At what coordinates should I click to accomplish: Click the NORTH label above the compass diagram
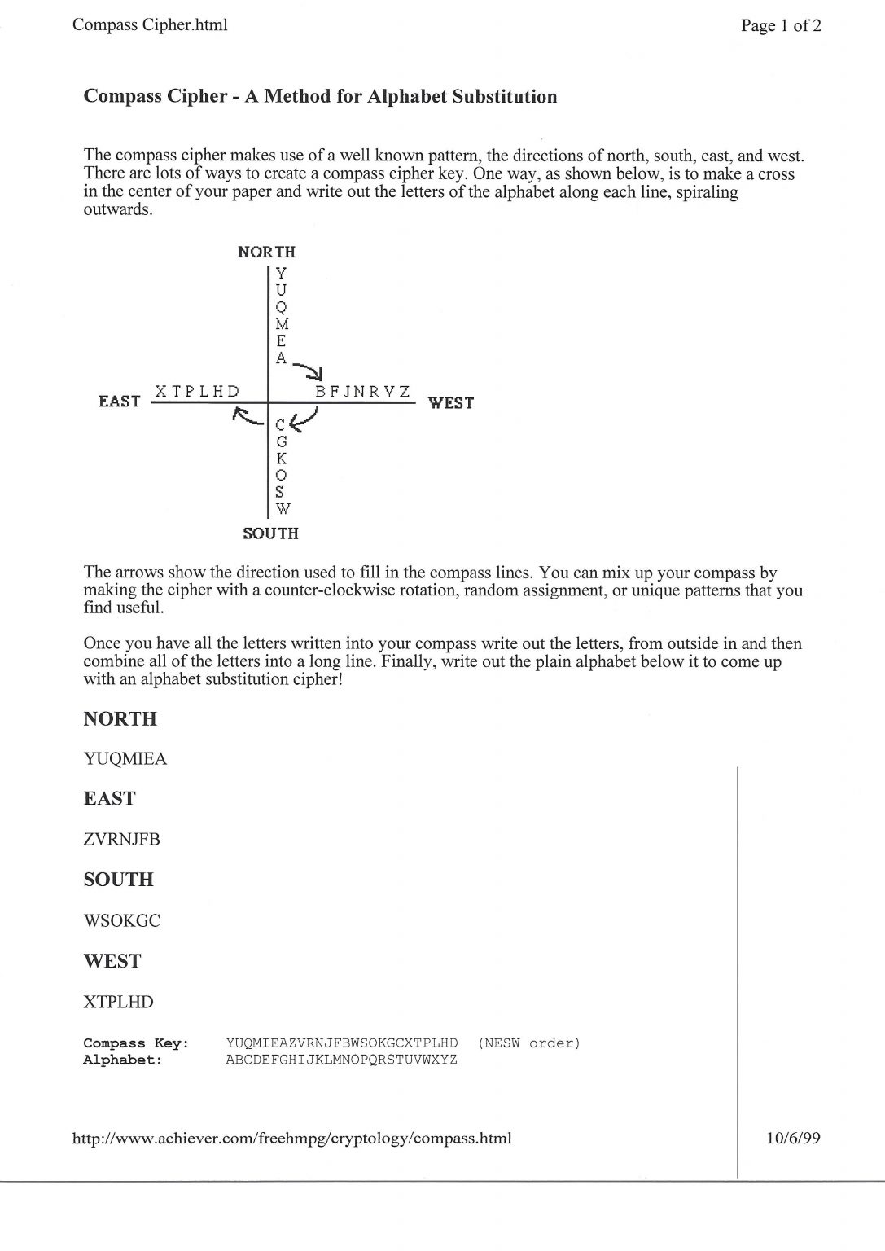pos(266,252)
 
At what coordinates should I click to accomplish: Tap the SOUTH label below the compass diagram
pos(271,533)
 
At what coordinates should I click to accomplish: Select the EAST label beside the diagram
pos(119,402)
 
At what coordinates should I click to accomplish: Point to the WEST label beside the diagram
pos(450,402)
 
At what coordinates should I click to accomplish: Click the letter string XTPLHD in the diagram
pos(198,392)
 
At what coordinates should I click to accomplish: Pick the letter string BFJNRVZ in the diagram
pos(363,392)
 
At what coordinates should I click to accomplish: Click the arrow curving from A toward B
pos(309,370)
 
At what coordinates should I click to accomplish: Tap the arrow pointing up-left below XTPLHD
pos(248,417)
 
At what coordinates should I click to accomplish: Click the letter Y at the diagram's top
pos(281,273)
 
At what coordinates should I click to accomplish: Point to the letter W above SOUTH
pos(282,509)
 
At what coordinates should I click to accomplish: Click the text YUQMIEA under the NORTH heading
pos(125,759)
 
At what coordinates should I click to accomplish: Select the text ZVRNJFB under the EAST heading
pos(122,840)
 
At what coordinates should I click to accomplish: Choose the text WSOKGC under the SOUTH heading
pos(122,921)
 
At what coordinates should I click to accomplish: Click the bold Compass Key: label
pos(136,1043)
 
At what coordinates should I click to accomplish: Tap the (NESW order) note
pos(529,1043)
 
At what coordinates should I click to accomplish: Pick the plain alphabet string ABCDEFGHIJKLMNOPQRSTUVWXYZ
pos(341,1060)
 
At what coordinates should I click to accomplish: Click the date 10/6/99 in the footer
pos(793,1138)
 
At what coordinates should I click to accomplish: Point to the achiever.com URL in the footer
pos(292,1139)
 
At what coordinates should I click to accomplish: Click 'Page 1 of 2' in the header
pos(781,26)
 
